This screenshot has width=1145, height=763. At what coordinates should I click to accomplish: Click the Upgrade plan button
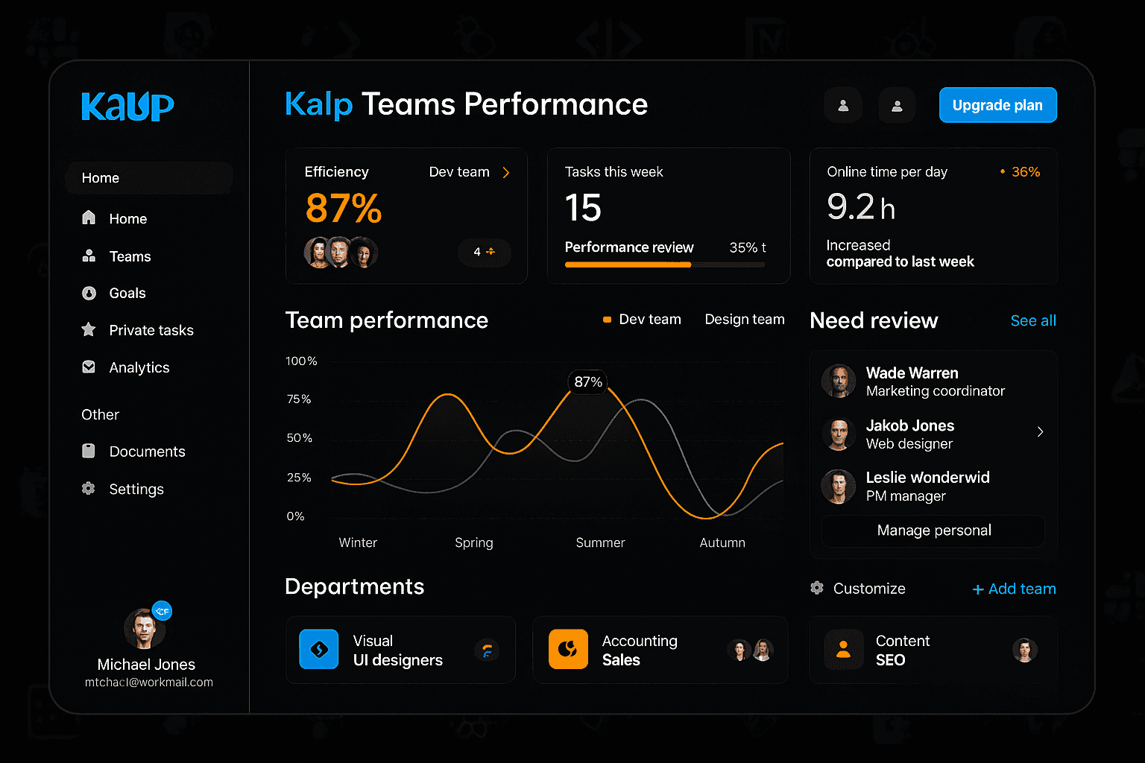point(997,105)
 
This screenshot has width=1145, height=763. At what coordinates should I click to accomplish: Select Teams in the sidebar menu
point(130,256)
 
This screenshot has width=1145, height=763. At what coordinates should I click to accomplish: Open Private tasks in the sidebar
point(151,330)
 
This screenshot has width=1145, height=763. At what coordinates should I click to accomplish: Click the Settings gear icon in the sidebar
point(89,489)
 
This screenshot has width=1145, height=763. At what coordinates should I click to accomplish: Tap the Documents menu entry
point(147,452)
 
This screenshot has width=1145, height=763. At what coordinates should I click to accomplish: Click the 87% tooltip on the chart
point(588,382)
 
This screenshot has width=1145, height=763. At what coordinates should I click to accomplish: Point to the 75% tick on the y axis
point(299,399)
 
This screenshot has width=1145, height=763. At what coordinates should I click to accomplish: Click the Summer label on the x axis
point(600,542)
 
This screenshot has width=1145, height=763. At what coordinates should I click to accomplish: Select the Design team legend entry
point(744,320)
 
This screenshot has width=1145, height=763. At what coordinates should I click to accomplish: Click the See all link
point(1032,320)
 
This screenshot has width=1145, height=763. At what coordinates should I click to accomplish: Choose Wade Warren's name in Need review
point(912,373)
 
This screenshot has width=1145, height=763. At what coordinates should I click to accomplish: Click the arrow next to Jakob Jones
point(1040,432)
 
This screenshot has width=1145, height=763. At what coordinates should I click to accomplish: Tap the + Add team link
point(1014,589)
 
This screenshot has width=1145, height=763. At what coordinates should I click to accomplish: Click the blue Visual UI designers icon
point(318,649)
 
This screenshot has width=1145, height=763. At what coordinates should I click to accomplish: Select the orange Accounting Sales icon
point(568,649)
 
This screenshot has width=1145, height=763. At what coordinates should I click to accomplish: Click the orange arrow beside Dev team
point(506,173)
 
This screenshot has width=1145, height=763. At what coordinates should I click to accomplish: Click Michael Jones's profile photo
point(145,629)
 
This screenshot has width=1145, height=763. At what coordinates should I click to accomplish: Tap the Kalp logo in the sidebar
point(127,107)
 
